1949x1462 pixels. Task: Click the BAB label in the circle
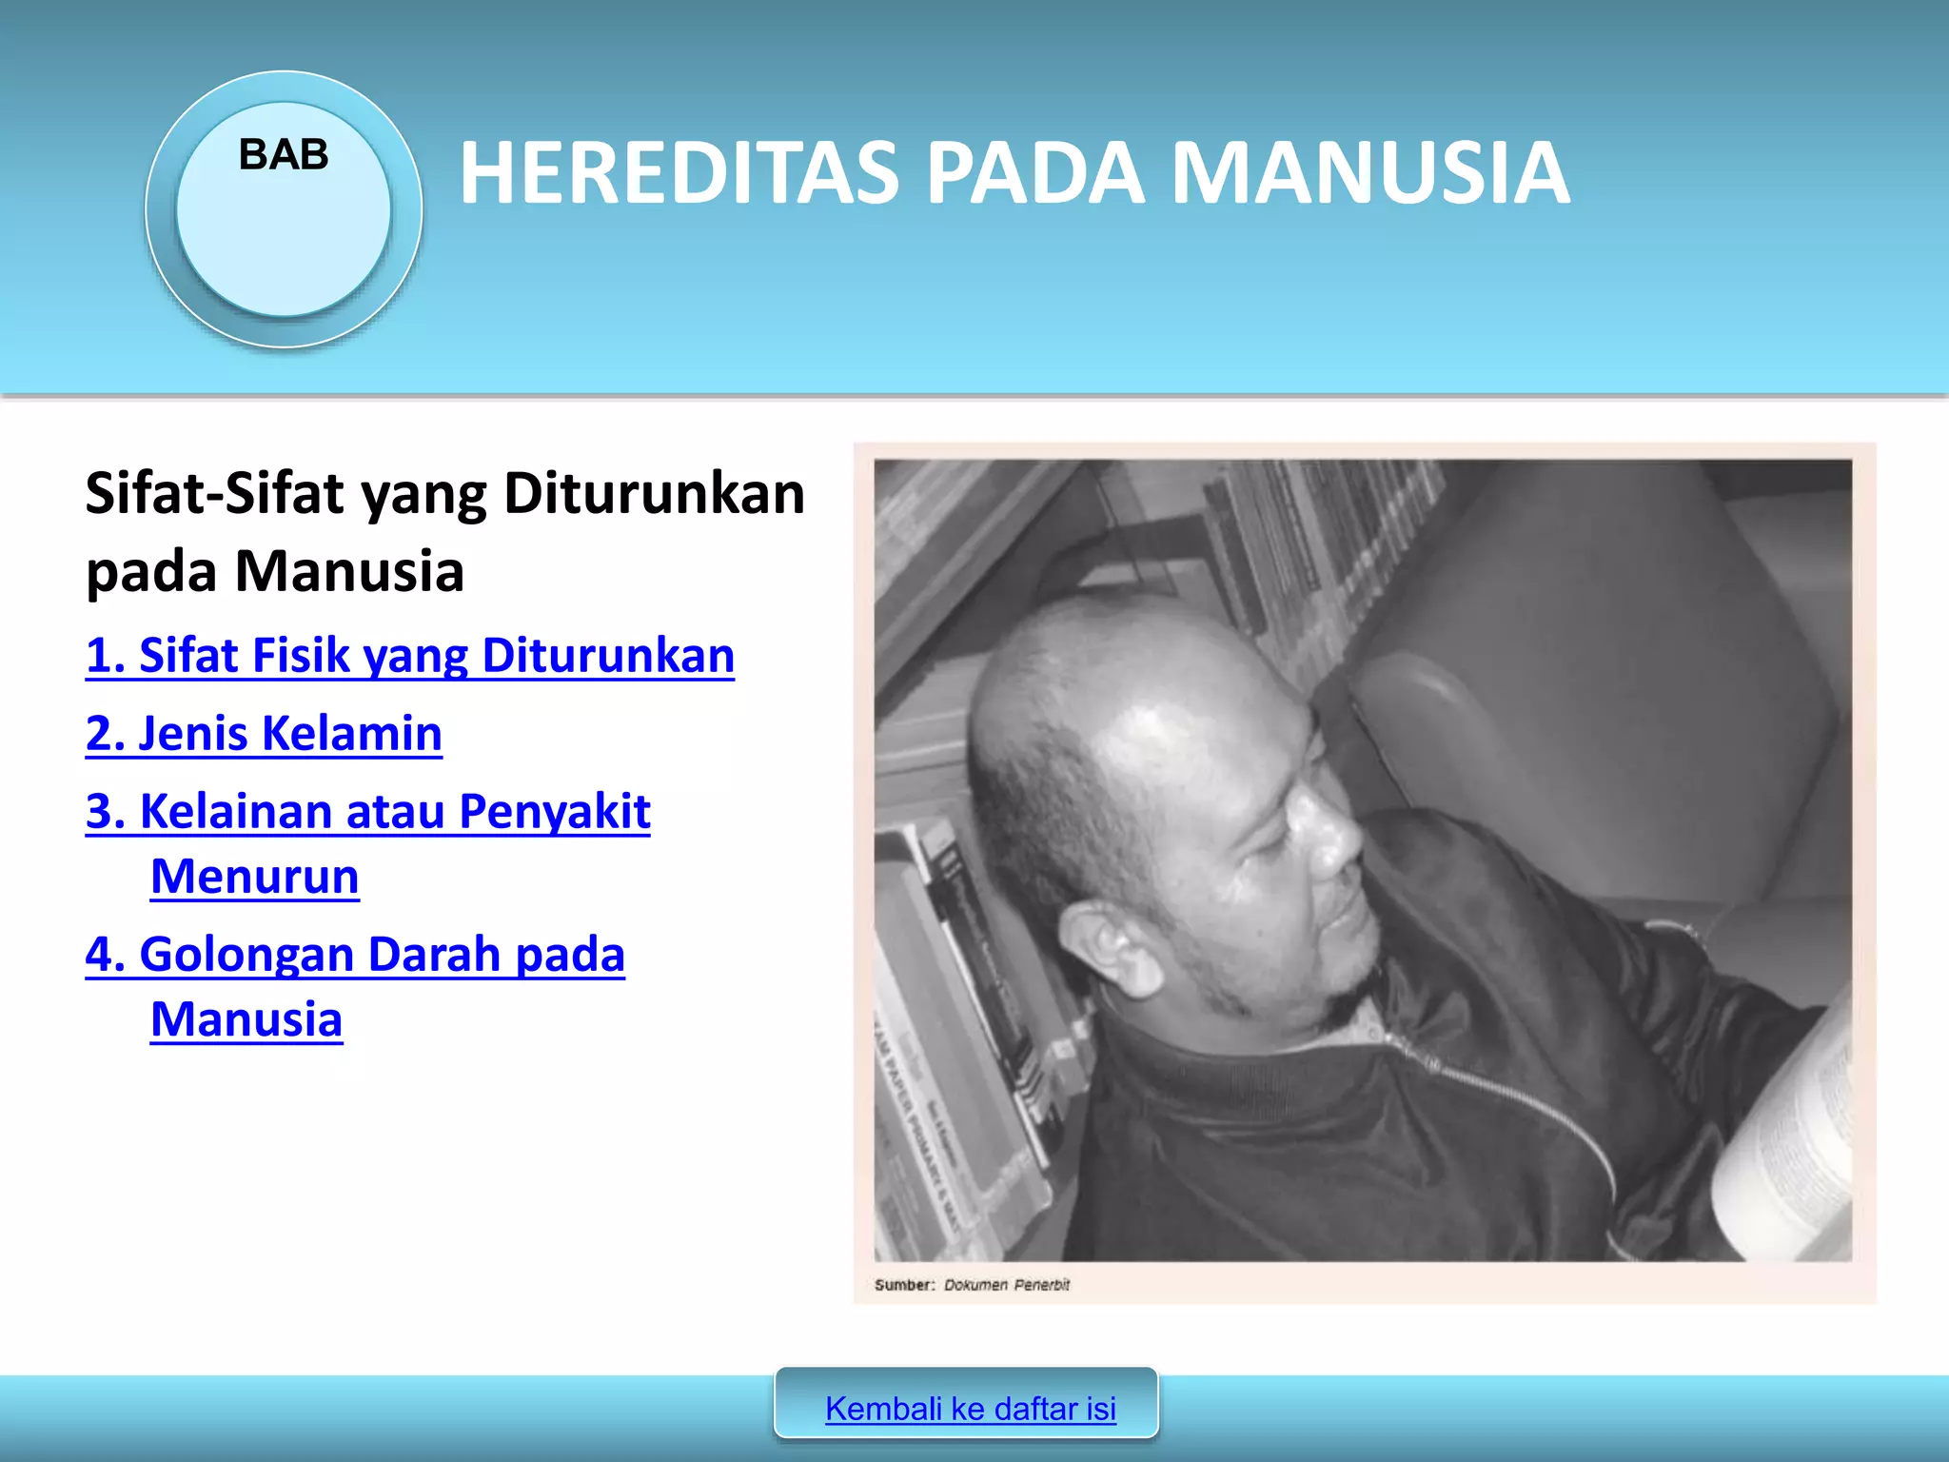(284, 154)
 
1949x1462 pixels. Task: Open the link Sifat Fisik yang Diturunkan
(409, 656)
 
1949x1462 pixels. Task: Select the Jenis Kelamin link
(264, 734)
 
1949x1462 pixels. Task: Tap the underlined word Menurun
(255, 877)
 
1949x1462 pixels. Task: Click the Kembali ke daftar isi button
(970, 1408)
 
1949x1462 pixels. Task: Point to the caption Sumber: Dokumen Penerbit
(972, 1285)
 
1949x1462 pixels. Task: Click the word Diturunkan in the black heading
(654, 494)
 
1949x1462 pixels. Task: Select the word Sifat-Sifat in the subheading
(214, 494)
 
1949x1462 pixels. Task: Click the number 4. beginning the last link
(105, 955)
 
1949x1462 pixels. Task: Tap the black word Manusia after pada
(349, 572)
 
